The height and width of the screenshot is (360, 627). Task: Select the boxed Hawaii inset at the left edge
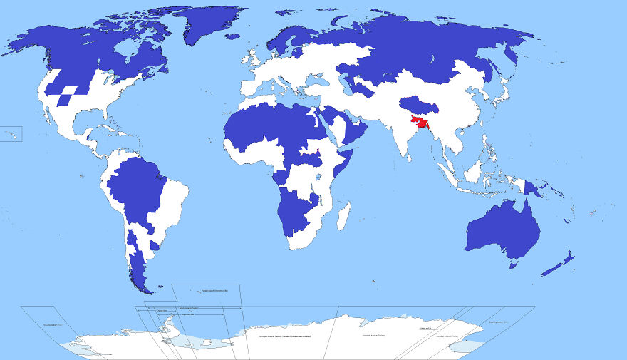[x=11, y=133]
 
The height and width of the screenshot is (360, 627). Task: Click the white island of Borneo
[x=471, y=171]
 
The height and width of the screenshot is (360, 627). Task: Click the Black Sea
[x=317, y=83]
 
